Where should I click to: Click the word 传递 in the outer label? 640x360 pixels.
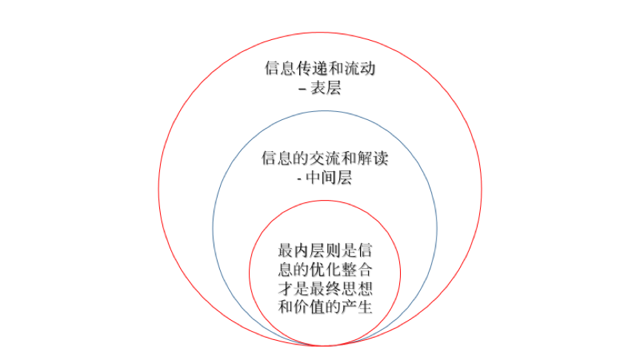pos(313,68)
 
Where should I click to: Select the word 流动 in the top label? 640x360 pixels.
pos(359,68)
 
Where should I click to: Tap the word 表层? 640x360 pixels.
pos(325,87)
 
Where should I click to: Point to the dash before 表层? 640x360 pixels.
pos(302,89)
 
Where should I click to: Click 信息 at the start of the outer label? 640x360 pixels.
pos(281,68)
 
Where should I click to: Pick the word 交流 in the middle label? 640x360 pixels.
pos(325,158)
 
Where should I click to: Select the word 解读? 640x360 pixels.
pos(373,158)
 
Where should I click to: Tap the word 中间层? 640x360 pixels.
pos(329,178)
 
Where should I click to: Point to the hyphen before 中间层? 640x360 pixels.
pos(299,179)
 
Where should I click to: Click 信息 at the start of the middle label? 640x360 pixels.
pos(277,158)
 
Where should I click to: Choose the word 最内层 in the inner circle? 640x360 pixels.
pos(301,250)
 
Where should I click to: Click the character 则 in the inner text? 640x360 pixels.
pos(333,250)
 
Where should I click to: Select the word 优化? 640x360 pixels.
pos(325,270)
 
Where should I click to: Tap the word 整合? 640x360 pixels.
pos(357,270)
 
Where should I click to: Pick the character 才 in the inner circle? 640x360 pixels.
pos(286,288)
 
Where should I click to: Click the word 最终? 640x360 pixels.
pos(325,288)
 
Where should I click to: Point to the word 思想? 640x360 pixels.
pos(357,288)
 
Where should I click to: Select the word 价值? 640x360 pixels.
pos(310,307)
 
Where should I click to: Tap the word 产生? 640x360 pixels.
pos(357,307)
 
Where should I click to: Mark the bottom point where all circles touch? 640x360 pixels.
pos(322,345)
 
